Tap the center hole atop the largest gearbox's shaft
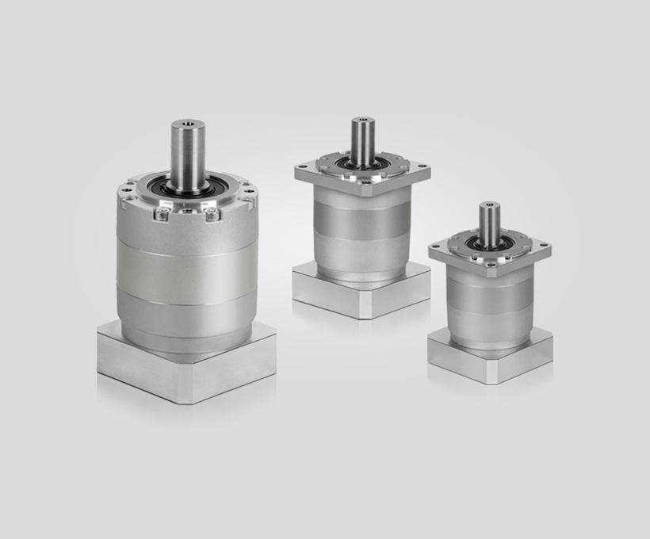(187, 124)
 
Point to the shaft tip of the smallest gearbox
(489, 205)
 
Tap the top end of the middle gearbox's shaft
(363, 120)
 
